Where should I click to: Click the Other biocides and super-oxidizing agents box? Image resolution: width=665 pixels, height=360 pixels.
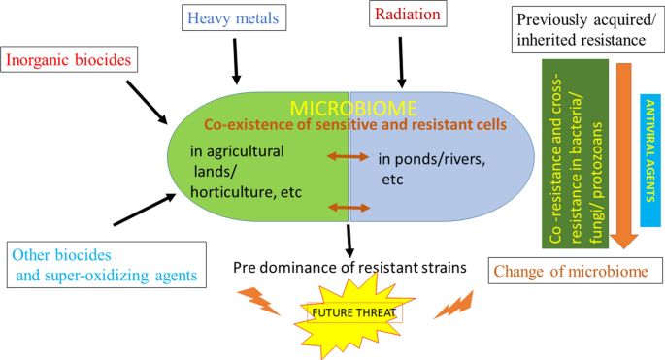[106, 264]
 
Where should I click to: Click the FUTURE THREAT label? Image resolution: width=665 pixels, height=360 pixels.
[353, 312]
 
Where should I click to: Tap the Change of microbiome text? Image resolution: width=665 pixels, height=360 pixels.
[567, 271]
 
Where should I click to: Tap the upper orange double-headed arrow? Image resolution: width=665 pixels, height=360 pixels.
[349, 156]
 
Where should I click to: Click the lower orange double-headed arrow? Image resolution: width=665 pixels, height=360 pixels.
[349, 206]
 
